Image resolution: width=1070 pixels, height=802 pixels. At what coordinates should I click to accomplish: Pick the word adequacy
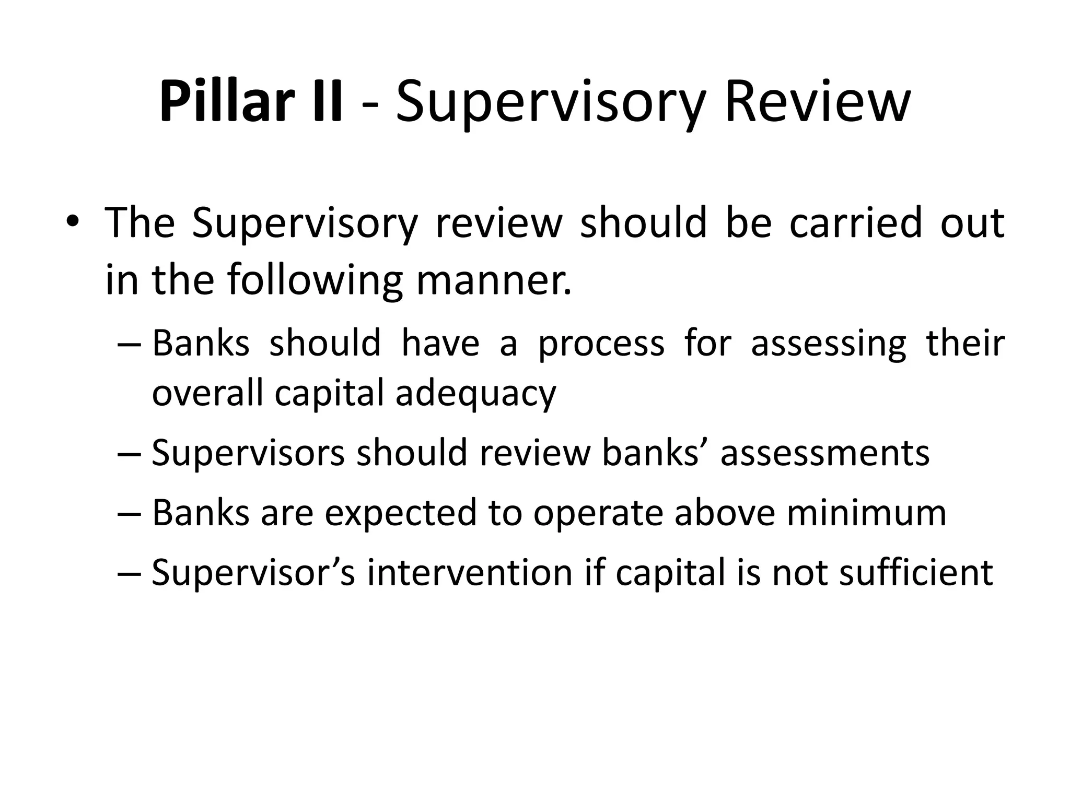pos(475,394)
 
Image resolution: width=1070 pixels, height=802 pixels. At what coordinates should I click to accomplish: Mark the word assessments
pos(825,453)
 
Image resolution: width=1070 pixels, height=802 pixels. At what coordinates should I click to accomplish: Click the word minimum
pos(867,513)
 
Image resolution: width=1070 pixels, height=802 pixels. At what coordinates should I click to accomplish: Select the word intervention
pos(470,573)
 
